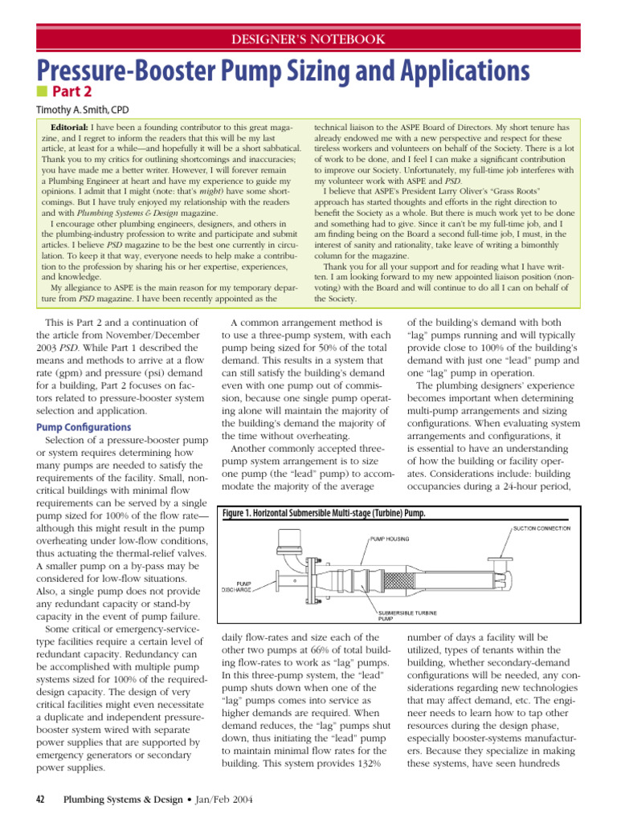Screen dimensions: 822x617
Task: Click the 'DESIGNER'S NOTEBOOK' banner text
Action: click(x=308, y=39)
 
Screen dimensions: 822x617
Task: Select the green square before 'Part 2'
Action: click(x=42, y=94)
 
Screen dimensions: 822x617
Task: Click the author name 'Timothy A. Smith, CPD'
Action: click(x=82, y=110)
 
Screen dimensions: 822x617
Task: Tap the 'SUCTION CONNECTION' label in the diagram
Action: click(x=541, y=528)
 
